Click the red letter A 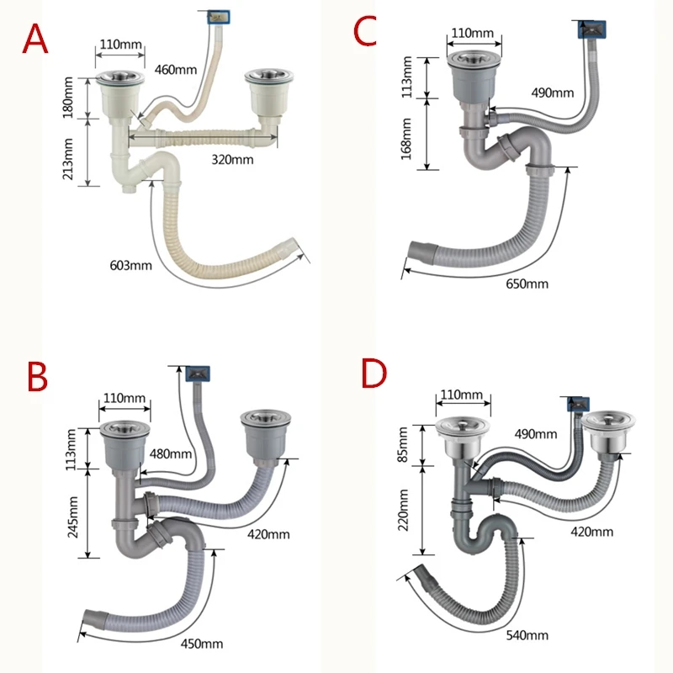(x=35, y=39)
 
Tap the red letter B (x=37, y=376)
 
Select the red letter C (x=365, y=31)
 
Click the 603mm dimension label (x=131, y=265)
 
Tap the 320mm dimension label (x=232, y=160)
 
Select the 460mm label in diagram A (x=176, y=70)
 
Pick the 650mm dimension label (x=527, y=284)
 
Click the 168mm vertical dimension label (x=406, y=139)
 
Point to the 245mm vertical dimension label (x=72, y=517)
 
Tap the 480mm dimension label (x=171, y=453)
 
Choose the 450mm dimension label (x=202, y=644)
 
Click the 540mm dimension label (x=527, y=635)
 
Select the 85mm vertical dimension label (x=403, y=445)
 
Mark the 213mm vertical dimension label (x=67, y=159)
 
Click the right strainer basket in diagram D (x=608, y=432)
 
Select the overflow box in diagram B (x=198, y=374)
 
